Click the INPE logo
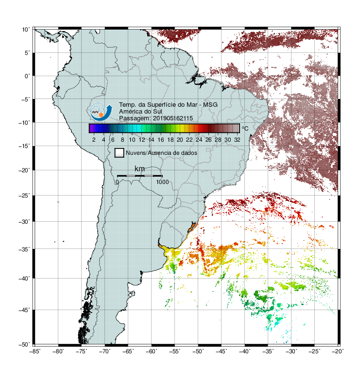[x=101, y=112]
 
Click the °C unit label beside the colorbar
[x=245, y=128]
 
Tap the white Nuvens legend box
[x=120, y=153]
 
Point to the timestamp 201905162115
[x=173, y=118]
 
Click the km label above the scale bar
[x=139, y=168]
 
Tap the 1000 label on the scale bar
[x=162, y=182]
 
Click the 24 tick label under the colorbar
[x=199, y=140]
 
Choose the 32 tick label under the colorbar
[x=237, y=140]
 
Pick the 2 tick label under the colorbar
[x=94, y=140]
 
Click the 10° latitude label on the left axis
[x=26, y=30]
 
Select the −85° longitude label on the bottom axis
[x=35, y=351]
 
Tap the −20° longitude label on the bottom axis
[x=338, y=351]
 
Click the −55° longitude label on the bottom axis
[x=175, y=351]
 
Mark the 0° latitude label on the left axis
[x=27, y=76]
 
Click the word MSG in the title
[x=210, y=105]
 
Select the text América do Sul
[x=140, y=112]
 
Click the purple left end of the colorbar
[x=91, y=128]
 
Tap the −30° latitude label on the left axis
[x=24, y=222]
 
